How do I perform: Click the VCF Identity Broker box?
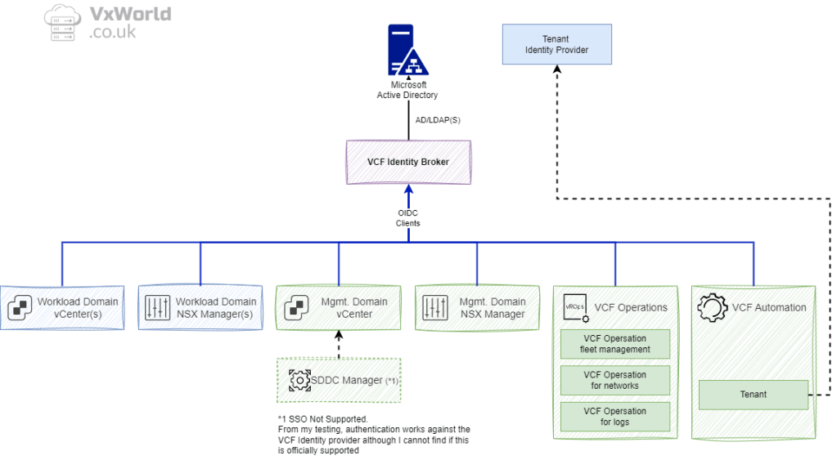pyautogui.click(x=408, y=162)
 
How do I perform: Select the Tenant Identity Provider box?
pyautogui.click(x=556, y=44)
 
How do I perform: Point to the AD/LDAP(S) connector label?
pyautogui.click(x=438, y=120)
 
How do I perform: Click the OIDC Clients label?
pyautogui.click(x=407, y=218)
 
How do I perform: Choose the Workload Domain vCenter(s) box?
pyautogui.click(x=62, y=307)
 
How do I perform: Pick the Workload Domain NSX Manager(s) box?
pyautogui.click(x=200, y=307)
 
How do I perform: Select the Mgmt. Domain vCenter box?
pyautogui.click(x=339, y=307)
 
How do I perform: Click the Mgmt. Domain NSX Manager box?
pyautogui.click(x=477, y=307)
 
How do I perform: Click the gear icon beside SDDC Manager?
pyautogui.click(x=299, y=380)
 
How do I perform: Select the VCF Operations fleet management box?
pyautogui.click(x=614, y=344)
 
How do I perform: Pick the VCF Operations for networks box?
pyautogui.click(x=614, y=380)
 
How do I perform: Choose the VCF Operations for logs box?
pyautogui.click(x=614, y=416)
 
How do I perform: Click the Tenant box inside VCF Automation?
pyautogui.click(x=753, y=394)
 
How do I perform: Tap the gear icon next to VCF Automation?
pyautogui.click(x=712, y=307)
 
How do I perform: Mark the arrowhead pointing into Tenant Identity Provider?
pyautogui.click(x=556, y=69)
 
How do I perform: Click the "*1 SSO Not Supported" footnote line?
pyautogui.click(x=323, y=418)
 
